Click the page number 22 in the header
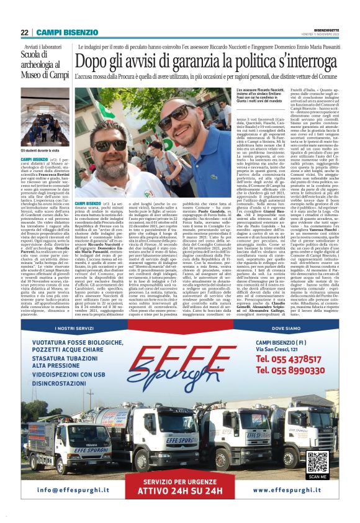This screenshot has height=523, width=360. coord(24,32)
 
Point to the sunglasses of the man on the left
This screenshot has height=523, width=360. coord(107,143)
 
